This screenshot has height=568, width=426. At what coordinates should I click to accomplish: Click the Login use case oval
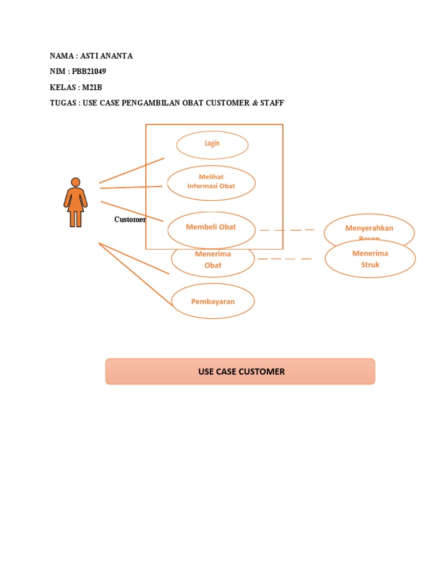pyautogui.click(x=212, y=144)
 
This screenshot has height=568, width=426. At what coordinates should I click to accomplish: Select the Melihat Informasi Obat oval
pyautogui.click(x=211, y=182)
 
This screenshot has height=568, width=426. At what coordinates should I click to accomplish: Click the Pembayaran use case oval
pyautogui.click(x=212, y=302)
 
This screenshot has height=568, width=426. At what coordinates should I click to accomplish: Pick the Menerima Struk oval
pyautogui.click(x=370, y=259)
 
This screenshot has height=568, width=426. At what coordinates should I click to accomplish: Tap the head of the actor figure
pyautogui.click(x=75, y=182)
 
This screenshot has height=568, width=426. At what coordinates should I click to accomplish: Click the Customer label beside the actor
pyautogui.click(x=130, y=220)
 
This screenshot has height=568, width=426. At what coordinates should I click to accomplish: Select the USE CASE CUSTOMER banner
pyautogui.click(x=240, y=372)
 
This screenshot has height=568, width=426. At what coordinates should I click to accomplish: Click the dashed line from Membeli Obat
pyautogui.click(x=287, y=230)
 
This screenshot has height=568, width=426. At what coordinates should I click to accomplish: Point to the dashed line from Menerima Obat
pyautogui.click(x=285, y=258)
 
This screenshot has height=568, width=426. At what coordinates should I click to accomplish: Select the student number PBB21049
pyautogui.click(x=89, y=72)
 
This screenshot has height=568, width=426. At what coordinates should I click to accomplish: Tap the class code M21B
pyautogui.click(x=92, y=87)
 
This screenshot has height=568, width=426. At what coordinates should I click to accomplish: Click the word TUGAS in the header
pyautogui.click(x=63, y=103)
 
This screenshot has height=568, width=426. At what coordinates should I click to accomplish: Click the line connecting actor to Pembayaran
pyautogui.click(x=136, y=275)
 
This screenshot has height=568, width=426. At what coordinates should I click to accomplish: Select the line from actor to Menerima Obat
pyautogui.click(x=134, y=258)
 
